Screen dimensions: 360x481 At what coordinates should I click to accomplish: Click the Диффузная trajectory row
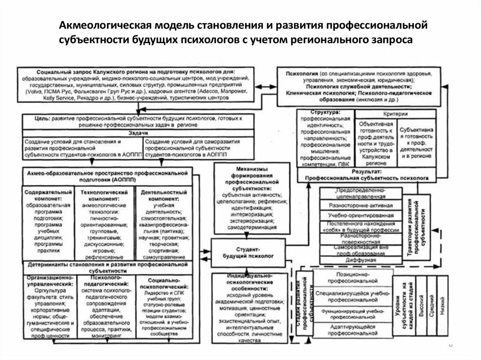pos(360,260)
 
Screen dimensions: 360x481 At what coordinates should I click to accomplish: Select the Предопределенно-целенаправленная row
pos(360,193)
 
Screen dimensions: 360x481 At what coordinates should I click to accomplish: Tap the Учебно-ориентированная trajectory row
pos(360,215)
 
